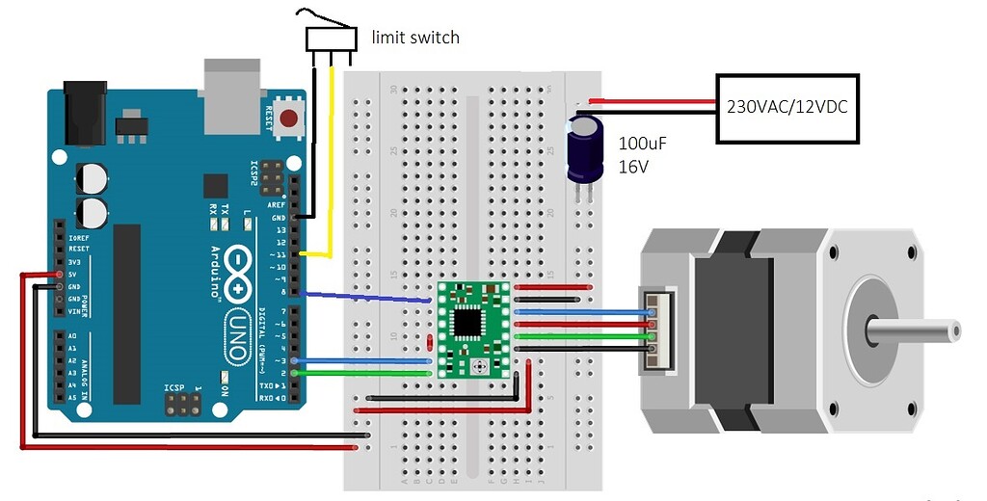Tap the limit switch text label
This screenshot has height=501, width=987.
[415, 38]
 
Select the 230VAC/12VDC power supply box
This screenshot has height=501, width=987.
[786, 108]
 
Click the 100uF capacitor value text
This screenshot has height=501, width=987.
[642, 145]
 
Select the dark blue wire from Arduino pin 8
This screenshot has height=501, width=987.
[366, 297]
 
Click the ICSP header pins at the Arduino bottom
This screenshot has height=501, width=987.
[180, 405]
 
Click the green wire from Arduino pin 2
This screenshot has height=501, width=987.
[366, 372]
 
